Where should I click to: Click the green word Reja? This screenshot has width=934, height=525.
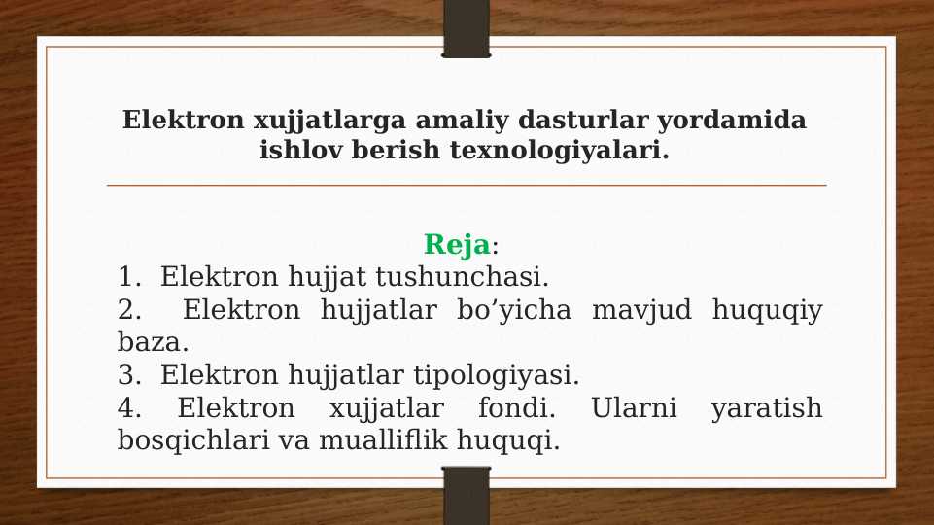pyautogui.click(x=457, y=244)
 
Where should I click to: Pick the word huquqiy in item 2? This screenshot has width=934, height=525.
pyautogui.click(x=767, y=311)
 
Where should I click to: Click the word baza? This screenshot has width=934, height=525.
pyautogui.click(x=153, y=342)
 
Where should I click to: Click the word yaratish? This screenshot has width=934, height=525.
pyautogui.click(x=766, y=407)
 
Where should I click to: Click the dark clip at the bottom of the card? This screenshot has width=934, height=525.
pyautogui.click(x=467, y=496)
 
